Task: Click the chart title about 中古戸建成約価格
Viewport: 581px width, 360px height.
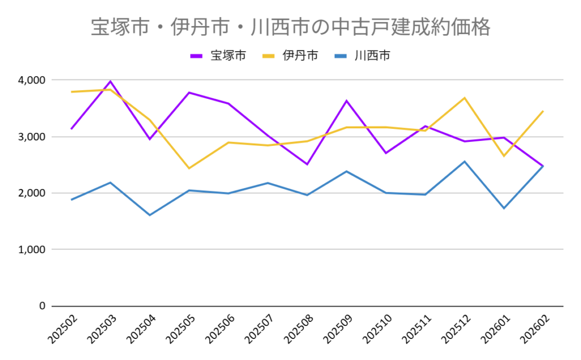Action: (290, 27)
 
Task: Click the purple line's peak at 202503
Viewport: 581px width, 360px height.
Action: (111, 81)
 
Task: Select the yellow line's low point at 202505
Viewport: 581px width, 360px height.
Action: (189, 168)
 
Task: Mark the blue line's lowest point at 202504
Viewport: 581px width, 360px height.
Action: (150, 215)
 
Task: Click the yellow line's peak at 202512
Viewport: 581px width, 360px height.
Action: (465, 98)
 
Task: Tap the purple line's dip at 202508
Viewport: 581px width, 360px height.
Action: (307, 164)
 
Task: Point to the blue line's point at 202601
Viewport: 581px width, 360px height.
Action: (504, 208)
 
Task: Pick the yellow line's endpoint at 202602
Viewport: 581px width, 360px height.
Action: (543, 111)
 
